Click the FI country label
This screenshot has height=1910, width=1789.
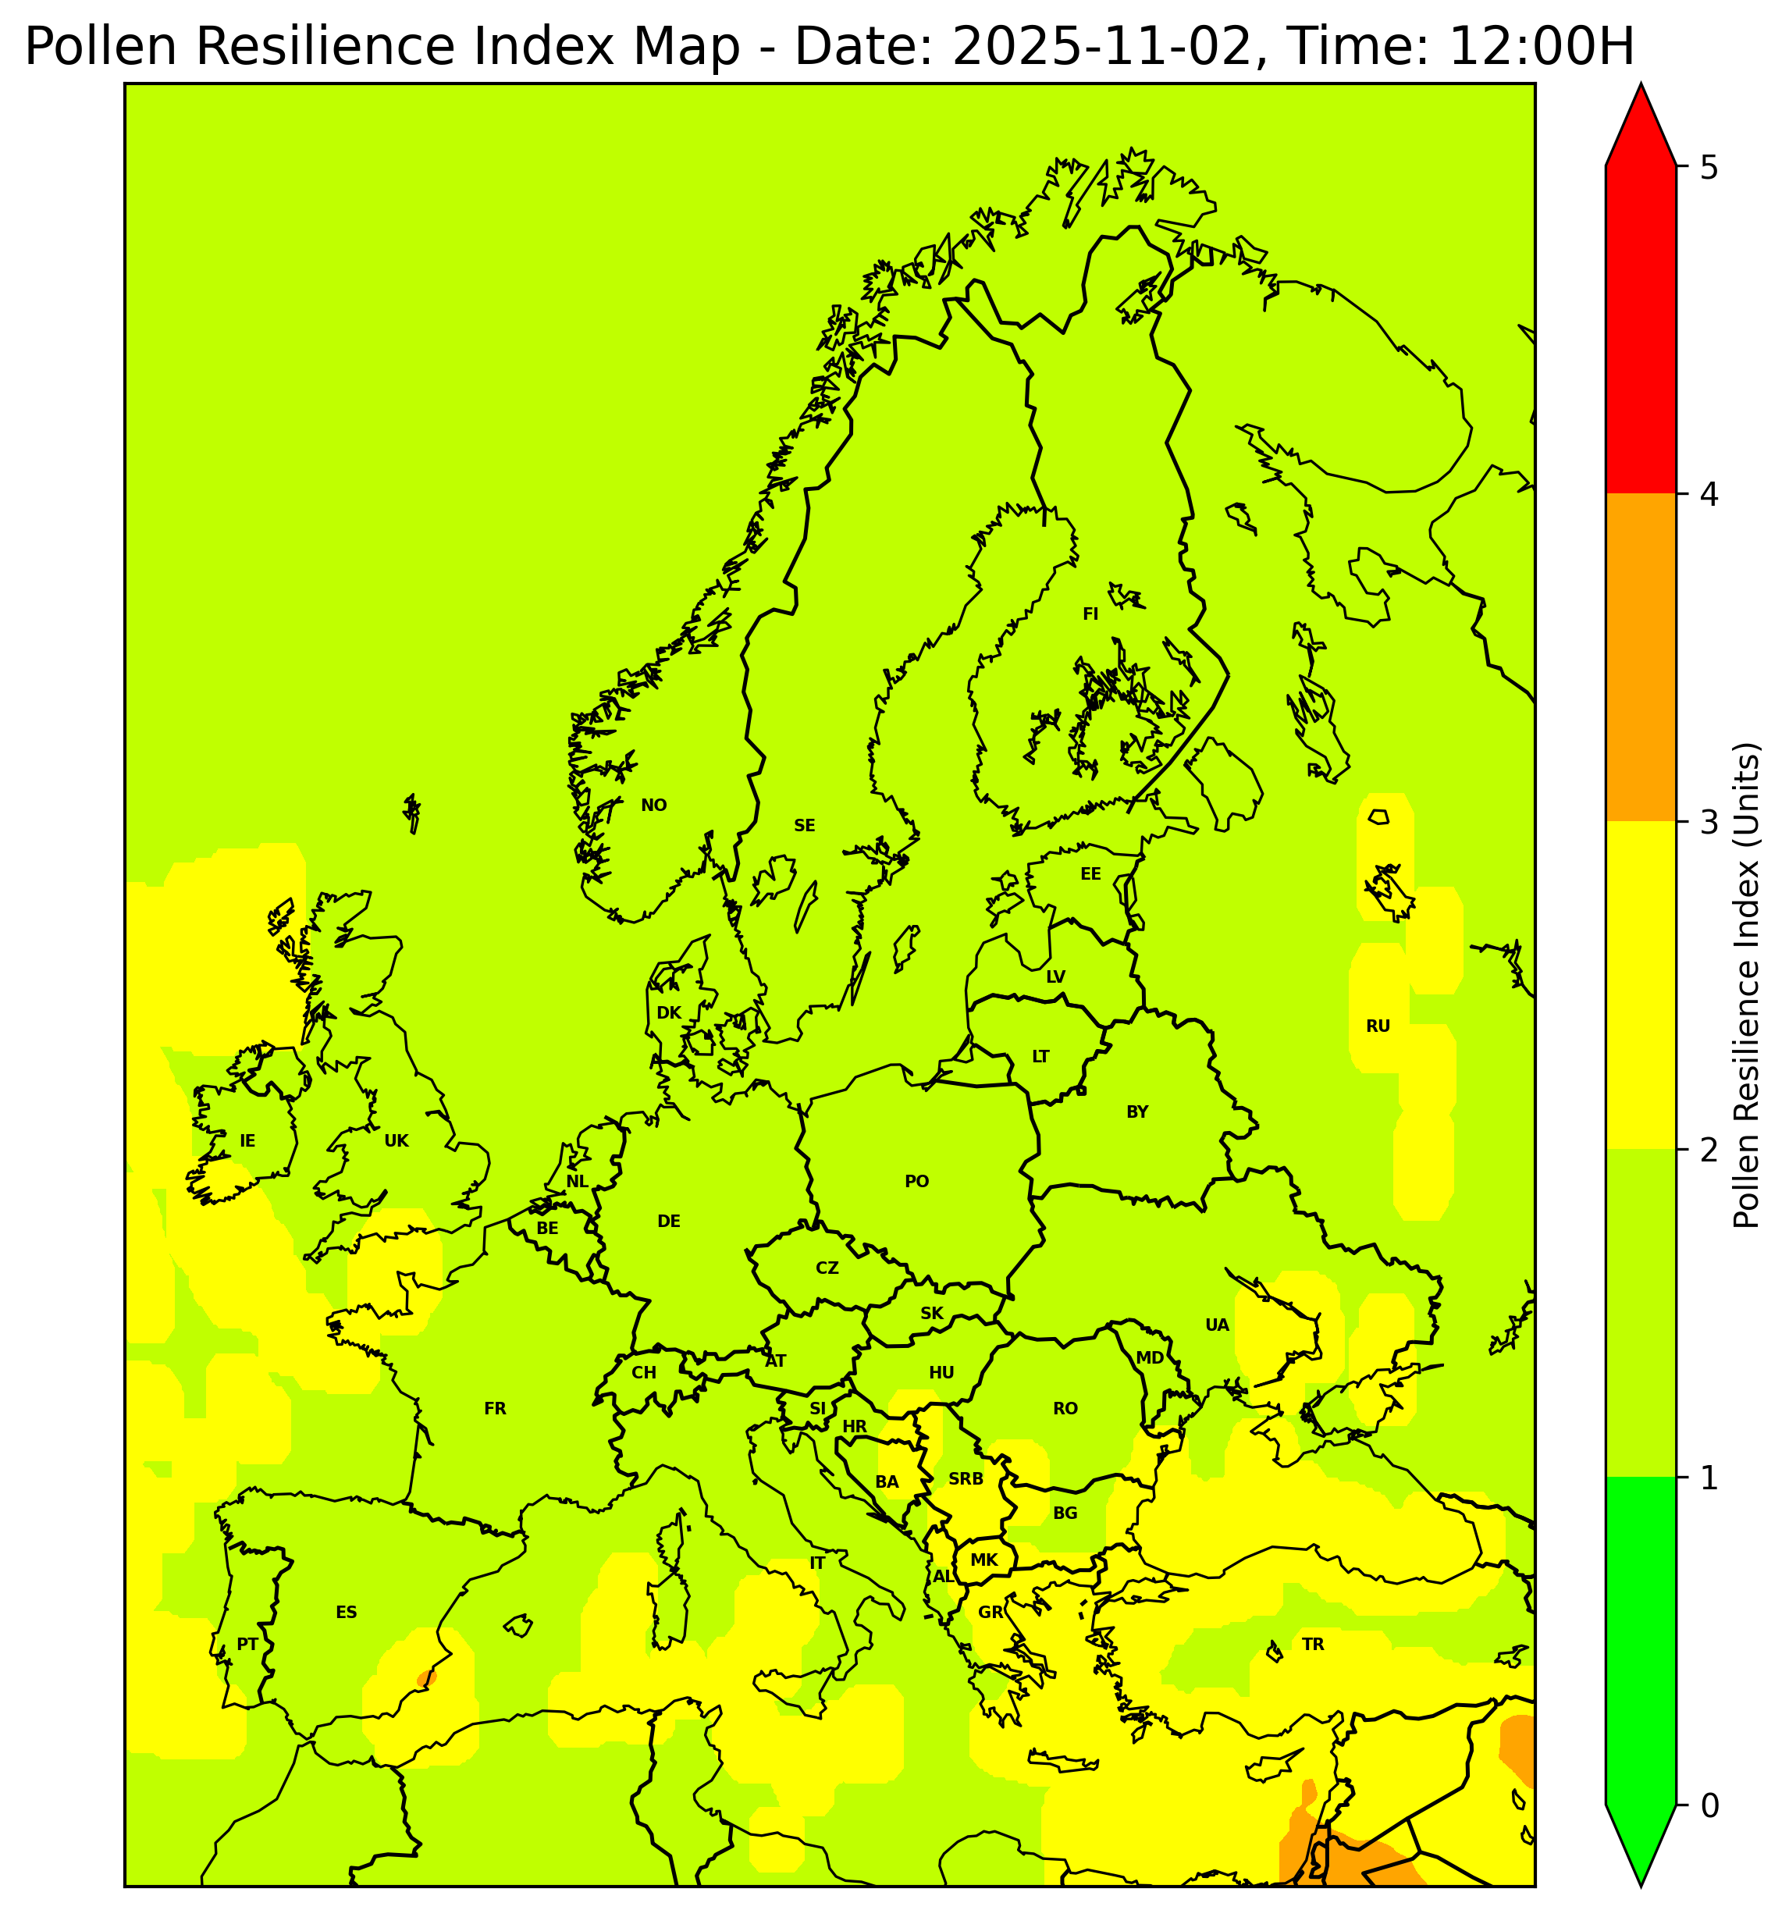pyautogui.click(x=1090, y=614)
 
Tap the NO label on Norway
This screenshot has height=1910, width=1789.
pyautogui.click(x=653, y=805)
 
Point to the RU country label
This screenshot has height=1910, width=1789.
pyautogui.click(x=1378, y=1026)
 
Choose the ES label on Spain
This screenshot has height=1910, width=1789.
pyautogui.click(x=346, y=1612)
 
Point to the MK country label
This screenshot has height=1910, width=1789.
pyautogui.click(x=983, y=1560)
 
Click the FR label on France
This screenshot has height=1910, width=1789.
pyautogui.click(x=495, y=1408)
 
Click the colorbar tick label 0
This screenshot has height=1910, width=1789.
pyautogui.click(x=1709, y=1805)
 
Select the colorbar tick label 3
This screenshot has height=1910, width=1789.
pyautogui.click(x=1709, y=823)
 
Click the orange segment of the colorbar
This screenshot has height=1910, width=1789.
pyautogui.click(x=1640, y=657)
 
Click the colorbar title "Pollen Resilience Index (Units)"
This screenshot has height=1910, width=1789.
pyautogui.click(x=1746, y=986)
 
